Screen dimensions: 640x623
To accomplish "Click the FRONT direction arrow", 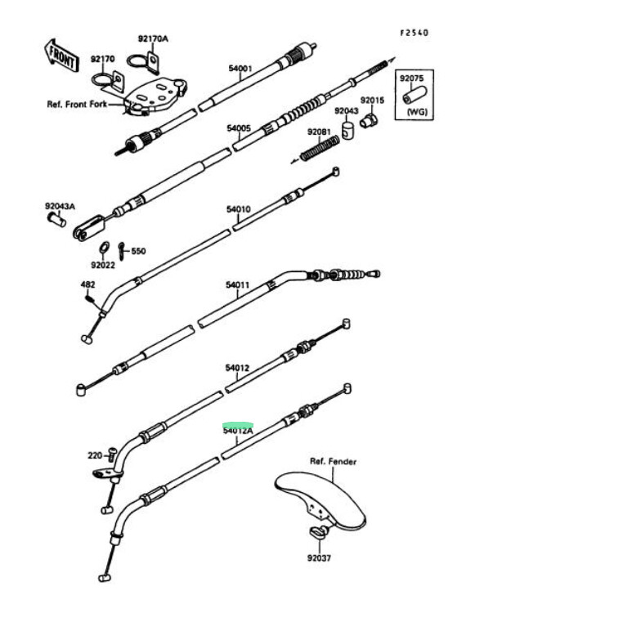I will point(62,54).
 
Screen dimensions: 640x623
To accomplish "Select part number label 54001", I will point(240,69).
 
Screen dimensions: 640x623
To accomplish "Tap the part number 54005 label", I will point(238,128).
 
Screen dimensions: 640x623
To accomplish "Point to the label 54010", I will point(238,209).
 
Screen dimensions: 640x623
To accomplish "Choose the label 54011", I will point(237,285).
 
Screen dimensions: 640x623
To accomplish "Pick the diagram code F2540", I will point(414,33).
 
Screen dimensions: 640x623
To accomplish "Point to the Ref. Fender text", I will point(333,462).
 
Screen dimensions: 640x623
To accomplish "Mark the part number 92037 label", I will point(319,558).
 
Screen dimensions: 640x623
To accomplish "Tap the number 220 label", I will point(95,454).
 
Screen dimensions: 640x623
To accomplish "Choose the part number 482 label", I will point(87,284).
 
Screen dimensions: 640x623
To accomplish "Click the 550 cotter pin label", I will point(138,251).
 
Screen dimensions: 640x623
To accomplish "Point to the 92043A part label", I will point(60,207).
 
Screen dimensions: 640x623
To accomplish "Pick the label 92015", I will point(372,100).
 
